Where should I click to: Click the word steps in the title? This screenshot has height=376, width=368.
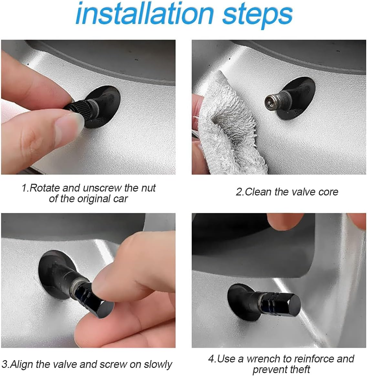coord(258,16)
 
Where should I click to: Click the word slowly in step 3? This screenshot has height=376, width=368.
coord(158,364)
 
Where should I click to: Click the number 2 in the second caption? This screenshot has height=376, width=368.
coord(238,192)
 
